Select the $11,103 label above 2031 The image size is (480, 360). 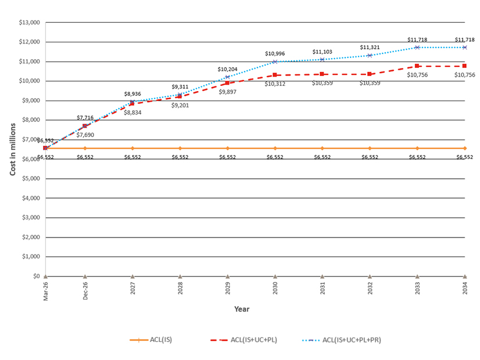point(322,52)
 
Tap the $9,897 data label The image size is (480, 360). point(227,92)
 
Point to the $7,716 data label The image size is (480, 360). point(85,117)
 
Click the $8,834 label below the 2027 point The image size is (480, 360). point(132,113)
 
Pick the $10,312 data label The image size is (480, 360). point(275,84)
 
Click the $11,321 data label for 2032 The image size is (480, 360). point(370,48)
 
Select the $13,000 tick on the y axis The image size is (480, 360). point(28,23)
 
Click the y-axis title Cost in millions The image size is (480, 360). point(12,149)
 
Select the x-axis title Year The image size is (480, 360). point(242,309)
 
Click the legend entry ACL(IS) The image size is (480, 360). point(157,340)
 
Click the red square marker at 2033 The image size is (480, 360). point(417,66)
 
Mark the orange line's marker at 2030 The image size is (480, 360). point(275,149)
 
